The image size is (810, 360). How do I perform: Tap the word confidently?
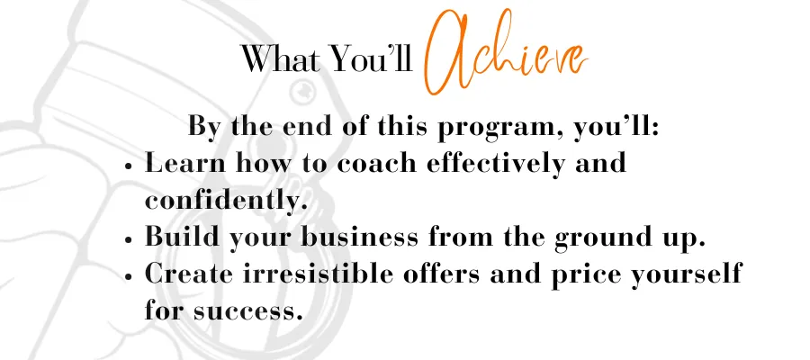click(226, 200)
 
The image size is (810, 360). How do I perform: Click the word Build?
click(182, 237)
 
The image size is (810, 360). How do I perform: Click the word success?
click(248, 312)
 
